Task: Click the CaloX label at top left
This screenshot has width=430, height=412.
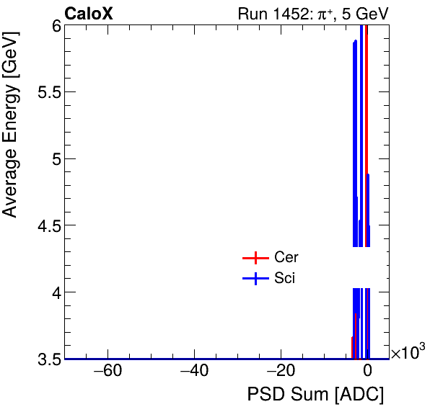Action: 89,14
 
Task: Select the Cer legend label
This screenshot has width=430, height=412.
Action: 286,258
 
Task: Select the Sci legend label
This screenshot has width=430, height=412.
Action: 284,279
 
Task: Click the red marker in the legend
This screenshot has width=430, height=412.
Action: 255,258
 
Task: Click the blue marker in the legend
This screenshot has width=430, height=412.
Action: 255,279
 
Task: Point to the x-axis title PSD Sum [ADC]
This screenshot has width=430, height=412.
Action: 315,395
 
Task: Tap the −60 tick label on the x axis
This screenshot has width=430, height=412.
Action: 107,372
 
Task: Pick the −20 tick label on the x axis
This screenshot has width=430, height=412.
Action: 281,372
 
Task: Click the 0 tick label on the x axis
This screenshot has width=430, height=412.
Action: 367,372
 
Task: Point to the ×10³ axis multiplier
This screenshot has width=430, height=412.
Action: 408,354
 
